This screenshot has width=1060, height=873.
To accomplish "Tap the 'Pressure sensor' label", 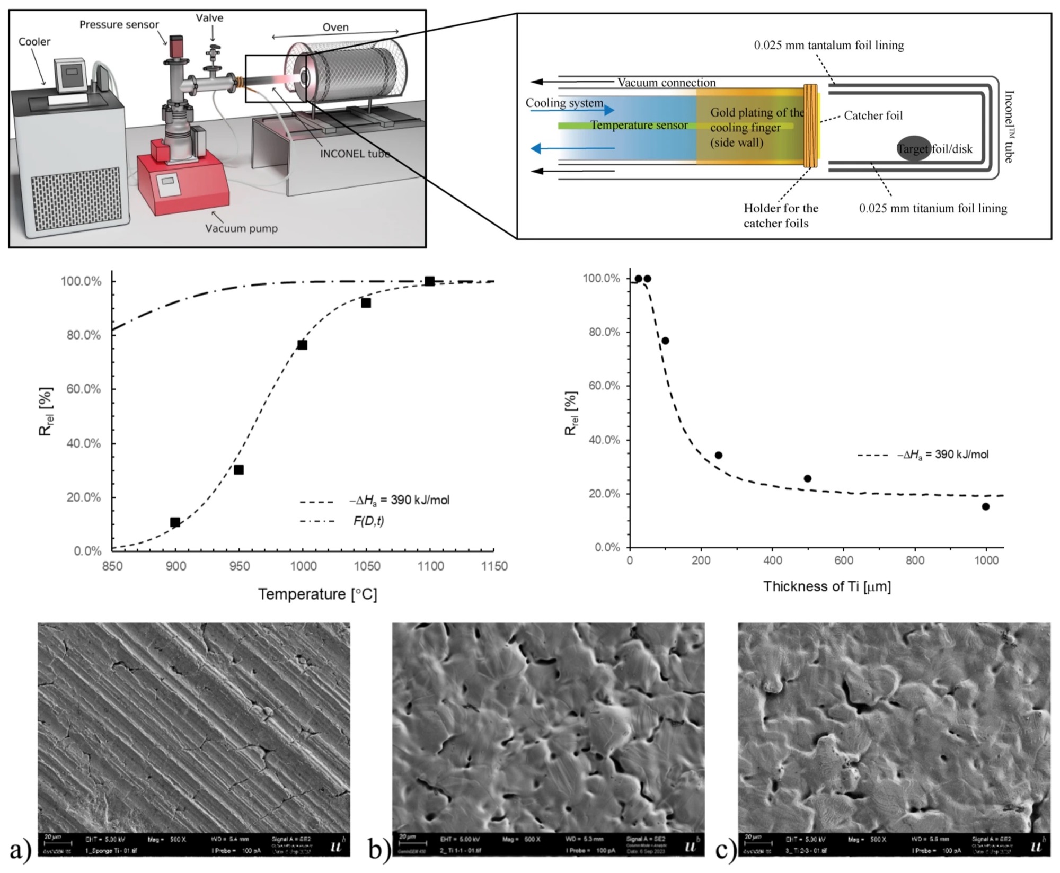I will (x=119, y=25).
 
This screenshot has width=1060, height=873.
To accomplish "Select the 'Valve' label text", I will (x=209, y=18).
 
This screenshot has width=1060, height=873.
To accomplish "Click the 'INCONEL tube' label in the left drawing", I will (x=355, y=154).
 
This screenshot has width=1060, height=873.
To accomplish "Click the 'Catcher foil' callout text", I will (x=873, y=115).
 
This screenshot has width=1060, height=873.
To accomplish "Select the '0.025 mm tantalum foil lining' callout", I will (x=829, y=46).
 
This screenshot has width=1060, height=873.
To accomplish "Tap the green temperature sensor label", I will (x=639, y=126).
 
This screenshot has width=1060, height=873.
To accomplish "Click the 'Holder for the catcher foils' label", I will (x=780, y=216).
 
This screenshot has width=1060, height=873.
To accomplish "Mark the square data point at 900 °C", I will (x=175, y=522).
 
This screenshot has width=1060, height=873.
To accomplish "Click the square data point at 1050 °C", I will (x=366, y=303).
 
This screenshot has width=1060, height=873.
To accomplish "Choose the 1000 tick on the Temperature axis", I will (x=303, y=566).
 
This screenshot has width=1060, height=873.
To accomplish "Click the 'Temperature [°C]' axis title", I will (x=317, y=594).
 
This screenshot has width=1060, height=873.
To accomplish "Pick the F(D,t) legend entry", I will (x=368, y=521).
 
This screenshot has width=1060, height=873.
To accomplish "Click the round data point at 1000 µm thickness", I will (x=986, y=506).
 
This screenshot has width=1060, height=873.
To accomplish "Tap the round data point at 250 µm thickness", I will (x=719, y=455).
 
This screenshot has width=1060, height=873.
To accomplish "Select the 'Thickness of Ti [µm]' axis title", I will (x=827, y=586).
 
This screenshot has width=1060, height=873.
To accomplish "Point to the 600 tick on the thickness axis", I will (x=844, y=560).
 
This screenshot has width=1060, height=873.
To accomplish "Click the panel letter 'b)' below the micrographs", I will (x=379, y=850).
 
